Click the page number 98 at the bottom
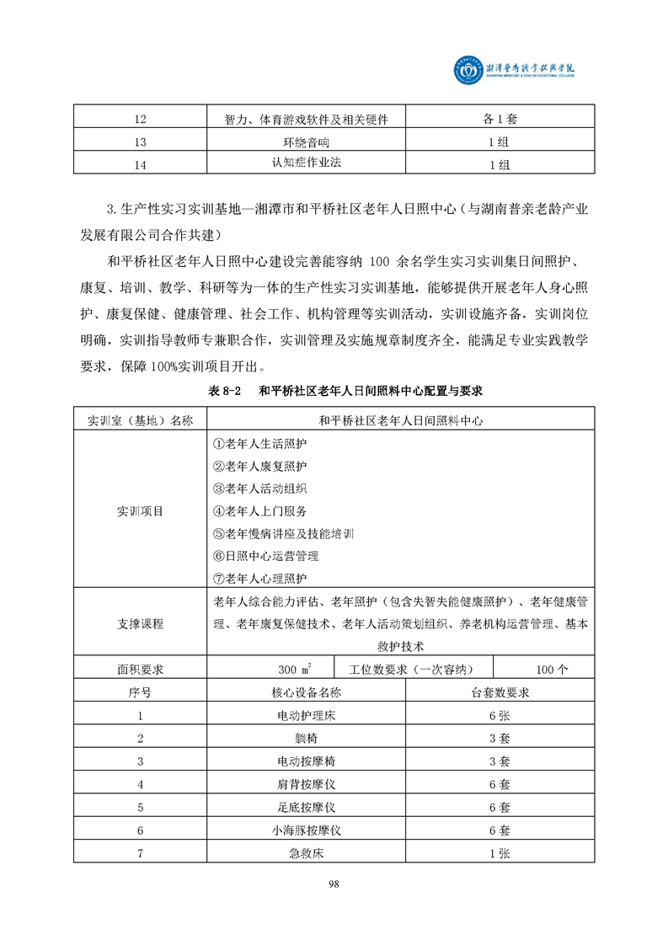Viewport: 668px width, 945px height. pos(334,884)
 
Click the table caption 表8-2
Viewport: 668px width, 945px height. pos(223,392)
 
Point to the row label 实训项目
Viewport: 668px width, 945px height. pos(140,510)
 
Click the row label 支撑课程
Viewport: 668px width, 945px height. pos(140,624)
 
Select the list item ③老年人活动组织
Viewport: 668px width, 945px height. pos(259,488)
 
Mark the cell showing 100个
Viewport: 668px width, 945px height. pos(552,670)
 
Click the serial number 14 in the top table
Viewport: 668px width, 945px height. pos(140,164)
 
